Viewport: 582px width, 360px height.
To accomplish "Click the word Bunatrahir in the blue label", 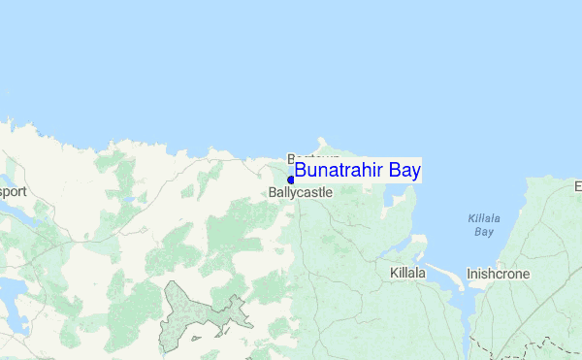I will click(339, 171).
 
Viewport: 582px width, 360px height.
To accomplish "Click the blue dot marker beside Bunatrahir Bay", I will click(291, 180).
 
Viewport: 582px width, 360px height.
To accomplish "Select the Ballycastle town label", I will click(301, 193).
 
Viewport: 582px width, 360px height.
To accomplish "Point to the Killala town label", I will click(407, 274).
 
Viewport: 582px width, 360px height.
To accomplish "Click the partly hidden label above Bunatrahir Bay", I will click(312, 157).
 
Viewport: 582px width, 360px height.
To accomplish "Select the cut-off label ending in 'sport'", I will click(13, 191).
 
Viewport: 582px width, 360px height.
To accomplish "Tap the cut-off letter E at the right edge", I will click(577, 185).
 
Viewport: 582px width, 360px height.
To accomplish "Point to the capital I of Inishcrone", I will click(469, 275).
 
